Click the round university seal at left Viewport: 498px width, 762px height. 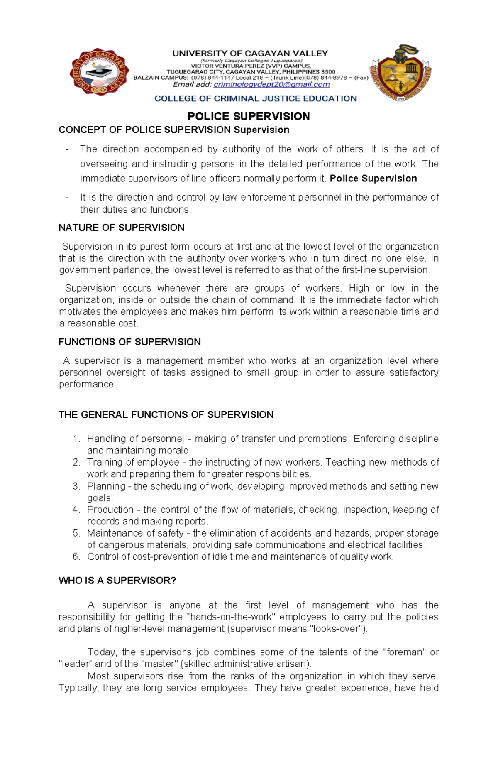pyautogui.click(x=99, y=74)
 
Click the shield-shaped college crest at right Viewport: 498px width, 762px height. pyautogui.click(x=401, y=74)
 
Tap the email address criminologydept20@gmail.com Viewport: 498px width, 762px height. pyautogui.click(x=271, y=85)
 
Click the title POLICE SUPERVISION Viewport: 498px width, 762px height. pyautogui.click(x=249, y=116)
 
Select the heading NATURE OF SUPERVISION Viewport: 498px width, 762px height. pyautogui.click(x=122, y=228)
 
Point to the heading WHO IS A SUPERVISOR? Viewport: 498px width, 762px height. pyautogui.click(x=117, y=581)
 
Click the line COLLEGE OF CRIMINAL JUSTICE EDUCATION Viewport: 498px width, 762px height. pyautogui.click(x=256, y=99)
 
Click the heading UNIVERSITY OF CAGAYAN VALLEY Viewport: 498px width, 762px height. pyautogui.click(x=250, y=53)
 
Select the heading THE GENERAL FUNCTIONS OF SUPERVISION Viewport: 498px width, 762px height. pyautogui.click(x=166, y=414)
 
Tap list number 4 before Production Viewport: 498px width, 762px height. pyautogui.click(x=76, y=510)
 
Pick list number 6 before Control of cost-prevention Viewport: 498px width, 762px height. pyautogui.click(x=76, y=556)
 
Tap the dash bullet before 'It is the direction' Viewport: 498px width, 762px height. pyautogui.click(x=68, y=197)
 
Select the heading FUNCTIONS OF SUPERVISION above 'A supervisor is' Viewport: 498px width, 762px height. pyautogui.click(x=130, y=342)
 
